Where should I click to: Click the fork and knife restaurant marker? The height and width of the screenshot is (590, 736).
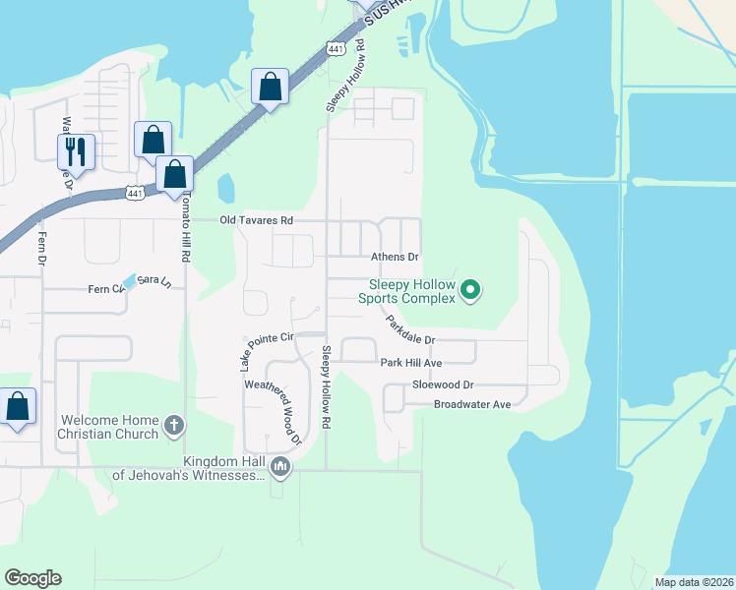pyautogui.click(x=76, y=151)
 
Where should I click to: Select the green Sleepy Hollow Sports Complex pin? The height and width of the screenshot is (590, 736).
pyautogui.click(x=470, y=289)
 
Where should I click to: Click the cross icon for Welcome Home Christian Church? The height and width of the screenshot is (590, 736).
pyautogui.click(x=173, y=426)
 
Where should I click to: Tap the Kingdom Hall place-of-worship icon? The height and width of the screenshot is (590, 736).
pyautogui.click(x=280, y=466)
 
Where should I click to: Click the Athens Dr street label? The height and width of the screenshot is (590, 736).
pyautogui.click(x=395, y=257)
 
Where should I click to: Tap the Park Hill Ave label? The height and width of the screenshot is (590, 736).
pyautogui.click(x=411, y=363)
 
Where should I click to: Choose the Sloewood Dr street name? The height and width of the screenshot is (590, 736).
pyautogui.click(x=443, y=384)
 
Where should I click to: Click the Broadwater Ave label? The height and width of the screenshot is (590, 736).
pyautogui.click(x=472, y=404)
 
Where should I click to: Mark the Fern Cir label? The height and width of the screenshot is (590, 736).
pyautogui.click(x=101, y=289)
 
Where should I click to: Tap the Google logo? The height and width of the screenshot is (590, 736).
pyautogui.click(x=32, y=578)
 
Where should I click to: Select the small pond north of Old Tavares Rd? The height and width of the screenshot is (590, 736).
pyautogui.click(x=226, y=187)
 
